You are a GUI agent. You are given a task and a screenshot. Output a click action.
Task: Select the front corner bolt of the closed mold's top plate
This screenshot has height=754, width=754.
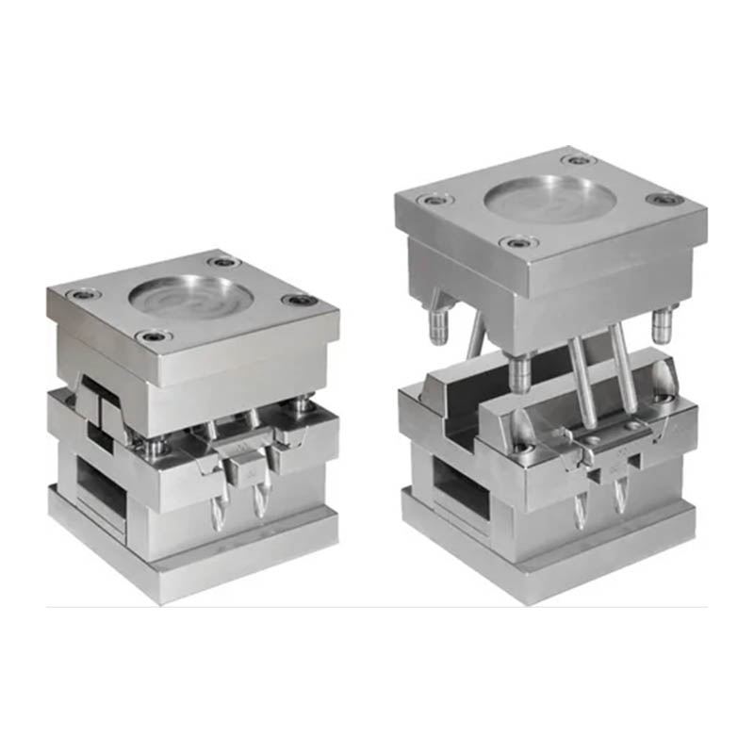(151, 336)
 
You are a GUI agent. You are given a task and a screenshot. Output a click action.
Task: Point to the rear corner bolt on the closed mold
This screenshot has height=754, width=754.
(223, 261)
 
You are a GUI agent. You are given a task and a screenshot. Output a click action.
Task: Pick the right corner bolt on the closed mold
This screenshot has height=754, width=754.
(302, 301)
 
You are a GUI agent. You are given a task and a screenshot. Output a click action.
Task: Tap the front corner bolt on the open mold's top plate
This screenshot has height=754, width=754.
(519, 244)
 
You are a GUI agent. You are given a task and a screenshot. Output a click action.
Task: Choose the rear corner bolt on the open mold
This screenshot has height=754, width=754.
(576, 159)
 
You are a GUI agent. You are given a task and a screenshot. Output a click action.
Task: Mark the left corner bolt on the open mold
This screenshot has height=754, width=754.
(434, 200)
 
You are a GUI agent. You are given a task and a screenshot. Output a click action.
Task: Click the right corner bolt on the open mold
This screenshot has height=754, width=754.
(665, 200)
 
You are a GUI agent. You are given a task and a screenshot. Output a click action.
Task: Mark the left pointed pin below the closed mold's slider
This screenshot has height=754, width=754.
(223, 509)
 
